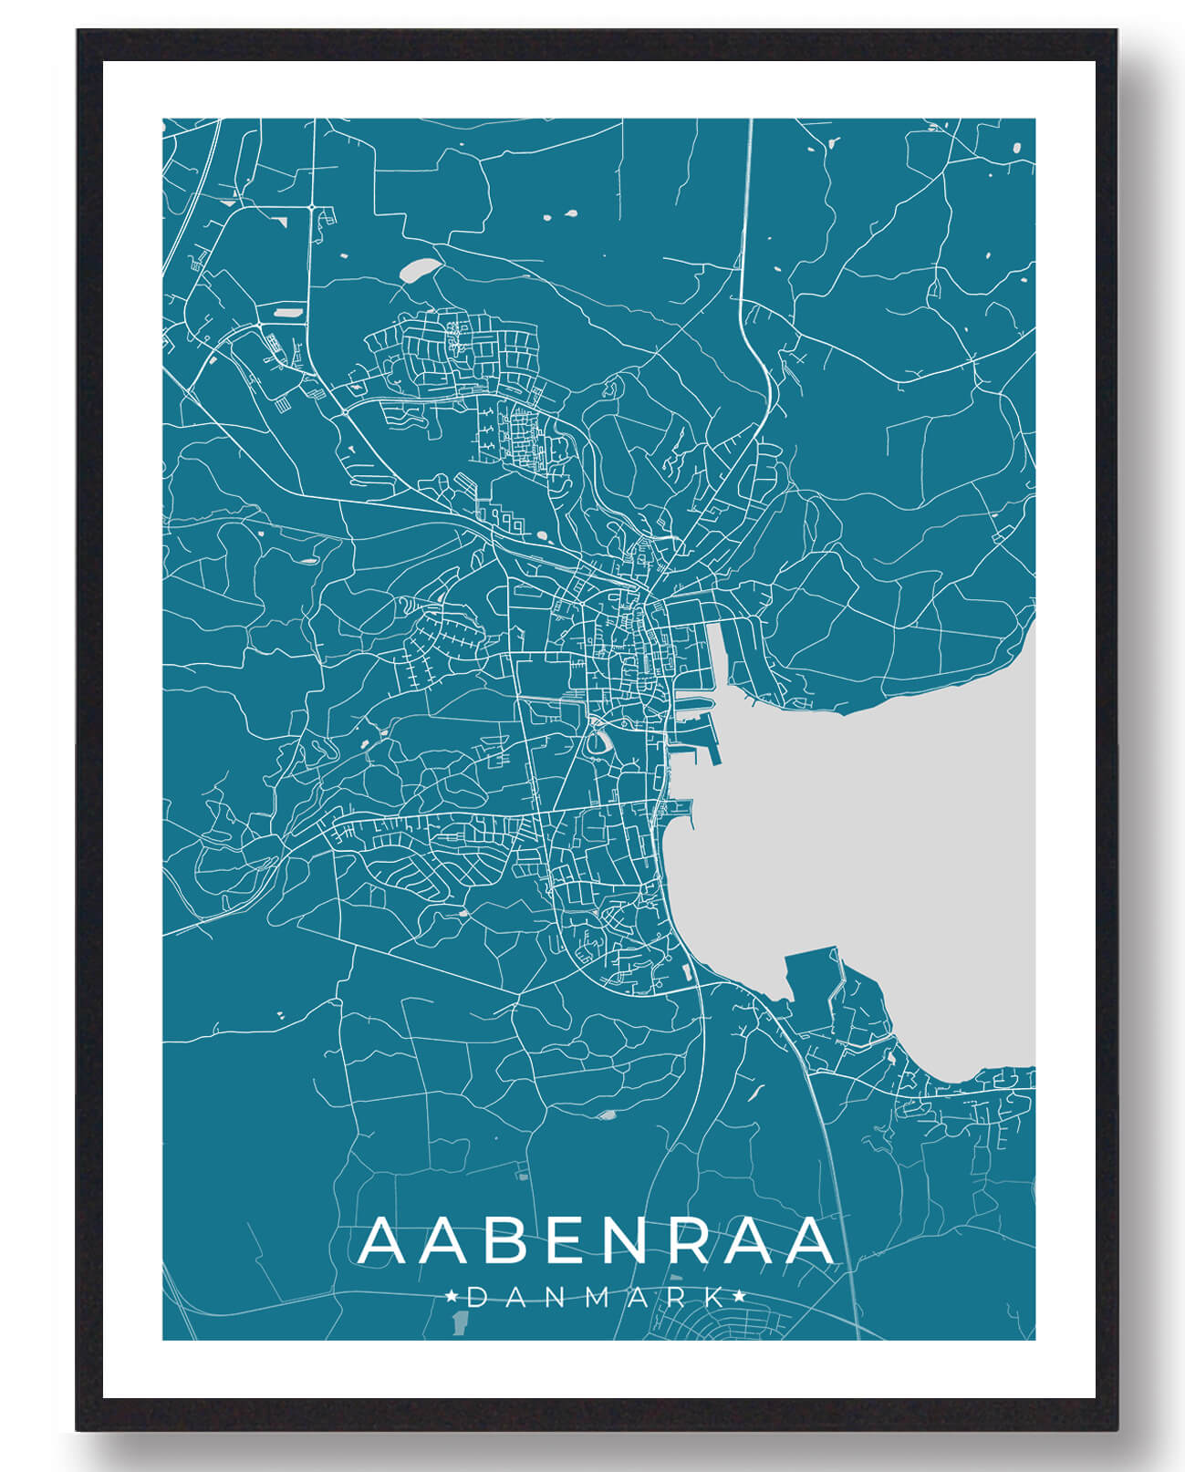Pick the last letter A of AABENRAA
pyautogui.click(x=806, y=1241)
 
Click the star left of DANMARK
pyautogui.click(x=451, y=1296)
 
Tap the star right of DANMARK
pyautogui.click(x=739, y=1296)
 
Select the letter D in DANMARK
pyautogui.click(x=476, y=1297)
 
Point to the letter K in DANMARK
pyautogui.click(x=716, y=1297)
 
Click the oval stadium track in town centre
pyautogui.click(x=598, y=742)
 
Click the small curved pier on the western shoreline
pyautogui.click(x=681, y=805)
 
